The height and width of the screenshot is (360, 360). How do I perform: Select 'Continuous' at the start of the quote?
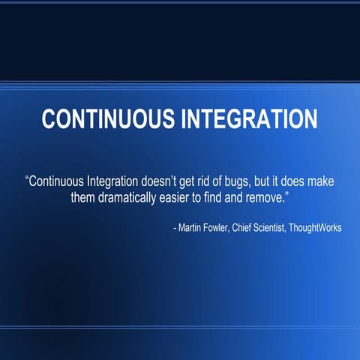59,182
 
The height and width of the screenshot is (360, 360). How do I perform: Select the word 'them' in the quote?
83,199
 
